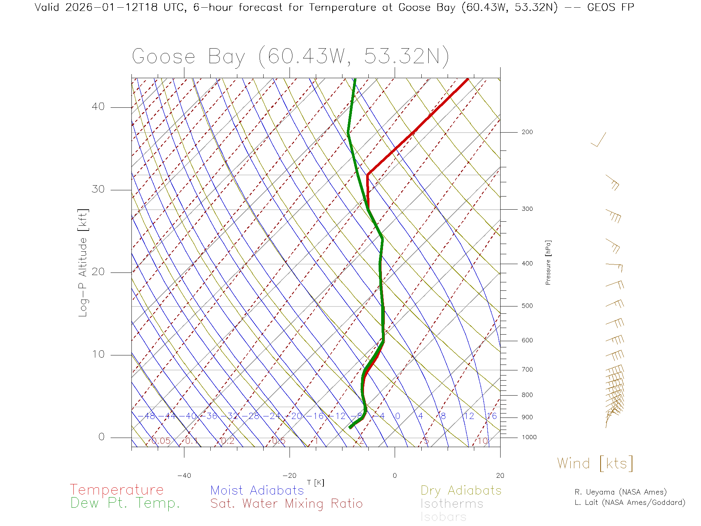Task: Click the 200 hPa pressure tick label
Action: tap(527, 132)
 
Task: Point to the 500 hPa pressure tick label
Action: tap(527, 306)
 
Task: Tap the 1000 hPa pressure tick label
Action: tap(529, 437)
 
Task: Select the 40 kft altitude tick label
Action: tap(98, 107)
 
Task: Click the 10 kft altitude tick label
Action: tap(98, 354)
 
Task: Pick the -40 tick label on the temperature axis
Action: tap(184, 476)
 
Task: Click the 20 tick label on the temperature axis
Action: tap(500, 476)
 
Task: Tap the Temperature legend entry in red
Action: tap(117, 490)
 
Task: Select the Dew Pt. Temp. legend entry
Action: tap(125, 503)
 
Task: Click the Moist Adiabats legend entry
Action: tap(257, 490)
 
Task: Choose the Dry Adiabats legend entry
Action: tap(461, 490)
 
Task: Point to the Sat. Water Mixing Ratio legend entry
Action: tap(287, 504)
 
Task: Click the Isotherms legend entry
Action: tap(452, 504)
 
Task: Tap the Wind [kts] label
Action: tap(595, 464)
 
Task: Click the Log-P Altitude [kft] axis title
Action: tap(83, 263)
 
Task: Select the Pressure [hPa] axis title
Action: tap(548, 262)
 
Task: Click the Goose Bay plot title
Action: tap(290, 57)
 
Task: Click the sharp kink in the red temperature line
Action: tap(368, 174)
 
